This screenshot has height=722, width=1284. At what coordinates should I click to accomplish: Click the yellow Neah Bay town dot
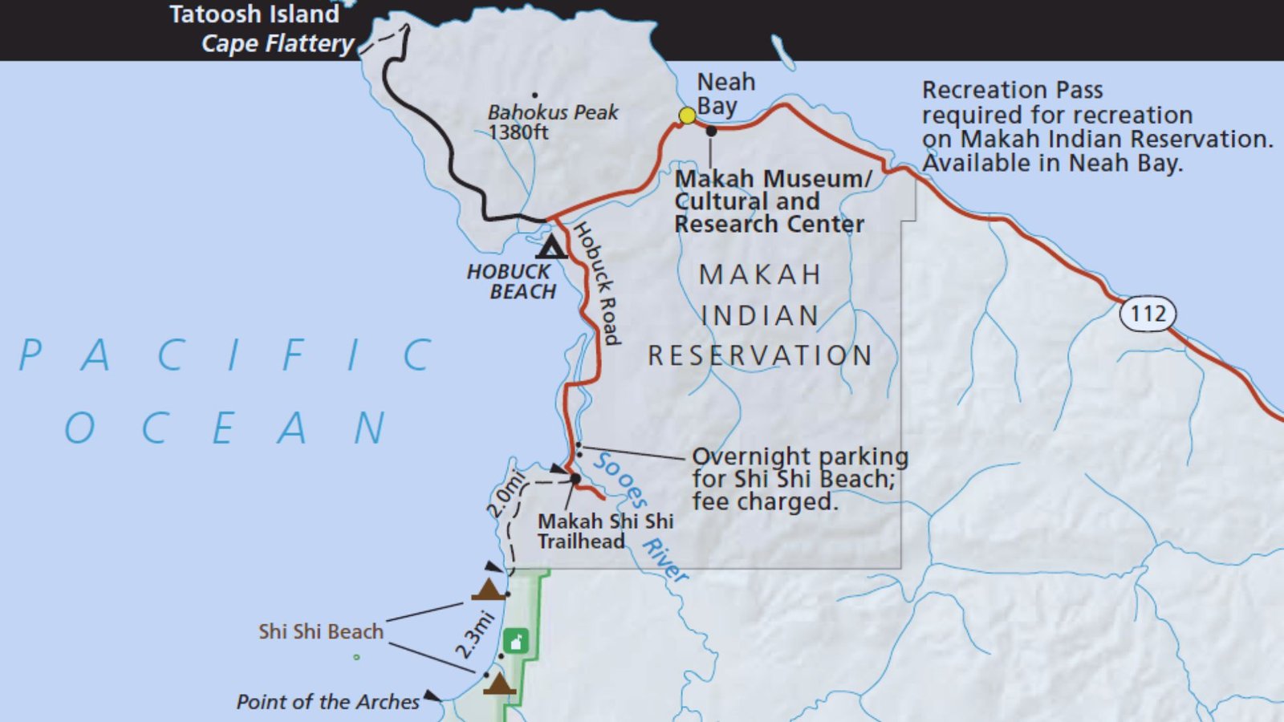tap(687, 116)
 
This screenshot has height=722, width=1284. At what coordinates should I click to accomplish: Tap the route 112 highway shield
tap(1148, 314)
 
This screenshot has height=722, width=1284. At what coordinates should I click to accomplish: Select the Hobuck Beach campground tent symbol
tap(551, 247)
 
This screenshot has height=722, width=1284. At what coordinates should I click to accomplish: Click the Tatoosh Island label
tap(254, 14)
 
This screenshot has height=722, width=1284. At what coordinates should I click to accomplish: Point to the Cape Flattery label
tap(277, 43)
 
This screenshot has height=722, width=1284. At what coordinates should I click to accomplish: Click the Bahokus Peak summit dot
tap(535, 95)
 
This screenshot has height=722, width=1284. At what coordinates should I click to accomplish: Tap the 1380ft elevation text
tap(518, 132)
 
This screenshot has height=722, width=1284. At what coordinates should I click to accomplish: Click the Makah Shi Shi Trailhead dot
tap(575, 479)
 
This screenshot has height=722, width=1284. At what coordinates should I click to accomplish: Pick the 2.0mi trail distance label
tap(506, 495)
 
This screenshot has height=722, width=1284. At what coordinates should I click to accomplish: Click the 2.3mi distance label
tap(475, 635)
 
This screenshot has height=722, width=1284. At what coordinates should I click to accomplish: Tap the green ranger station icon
tap(515, 642)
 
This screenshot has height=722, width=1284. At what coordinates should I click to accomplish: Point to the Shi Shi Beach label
tap(321, 632)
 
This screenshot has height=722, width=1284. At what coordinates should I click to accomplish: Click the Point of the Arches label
tap(327, 702)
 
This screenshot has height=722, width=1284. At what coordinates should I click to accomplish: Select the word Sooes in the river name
tap(620, 479)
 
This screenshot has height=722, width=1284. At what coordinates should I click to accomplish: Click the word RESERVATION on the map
tap(760, 355)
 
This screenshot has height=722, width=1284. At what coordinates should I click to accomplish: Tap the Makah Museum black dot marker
tap(711, 131)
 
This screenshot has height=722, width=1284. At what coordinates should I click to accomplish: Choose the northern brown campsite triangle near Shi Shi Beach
tap(487, 590)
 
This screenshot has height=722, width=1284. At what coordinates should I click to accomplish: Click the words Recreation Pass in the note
tap(1012, 90)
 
